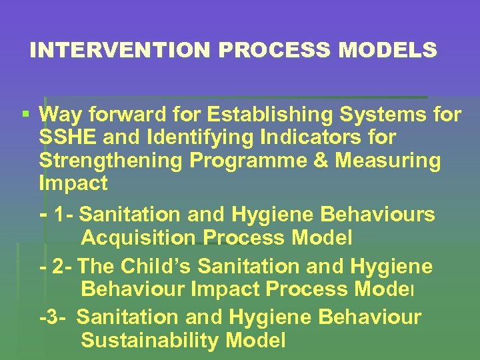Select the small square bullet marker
pyautogui.click(x=26, y=115)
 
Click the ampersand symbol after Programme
pyautogui.click(x=311, y=161)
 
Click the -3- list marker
pyautogui.click(x=53, y=318)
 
